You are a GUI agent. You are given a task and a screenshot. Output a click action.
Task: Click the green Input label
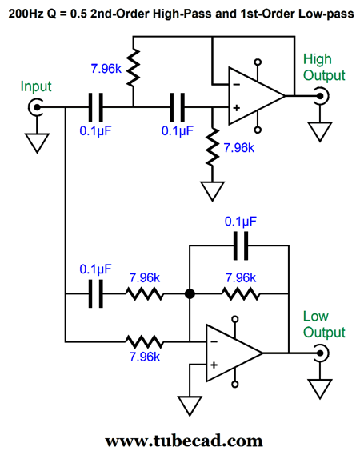point(36,86)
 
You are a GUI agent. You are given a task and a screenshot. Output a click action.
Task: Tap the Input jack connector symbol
point(36,107)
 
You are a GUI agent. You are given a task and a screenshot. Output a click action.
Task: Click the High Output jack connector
point(321,96)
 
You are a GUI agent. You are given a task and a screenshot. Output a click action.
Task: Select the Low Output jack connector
point(321,353)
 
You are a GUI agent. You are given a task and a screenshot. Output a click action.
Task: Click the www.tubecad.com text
point(184,441)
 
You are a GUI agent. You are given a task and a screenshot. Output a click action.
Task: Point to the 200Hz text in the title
point(27,14)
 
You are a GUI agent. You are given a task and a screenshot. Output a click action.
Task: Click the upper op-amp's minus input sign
point(237,85)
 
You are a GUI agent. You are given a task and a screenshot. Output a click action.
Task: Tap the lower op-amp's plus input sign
point(214,365)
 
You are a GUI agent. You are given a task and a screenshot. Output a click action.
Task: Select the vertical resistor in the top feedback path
point(134,68)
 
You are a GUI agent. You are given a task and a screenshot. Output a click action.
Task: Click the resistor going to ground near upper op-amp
point(213,147)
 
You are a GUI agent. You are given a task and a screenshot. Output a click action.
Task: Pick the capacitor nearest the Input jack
point(96,107)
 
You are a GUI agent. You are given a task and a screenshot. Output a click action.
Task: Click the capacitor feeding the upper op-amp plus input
point(178,107)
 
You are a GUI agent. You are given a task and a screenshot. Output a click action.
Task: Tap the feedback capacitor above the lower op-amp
point(241,245)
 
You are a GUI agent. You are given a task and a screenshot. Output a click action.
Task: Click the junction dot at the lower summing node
point(190,294)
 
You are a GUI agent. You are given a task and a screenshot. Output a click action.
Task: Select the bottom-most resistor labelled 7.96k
point(144,342)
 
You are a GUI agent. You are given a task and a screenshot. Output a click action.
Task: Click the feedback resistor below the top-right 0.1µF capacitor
point(241,294)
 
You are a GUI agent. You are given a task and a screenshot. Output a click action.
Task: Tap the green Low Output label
point(324,325)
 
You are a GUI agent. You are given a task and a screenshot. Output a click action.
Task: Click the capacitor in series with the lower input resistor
point(96,294)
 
